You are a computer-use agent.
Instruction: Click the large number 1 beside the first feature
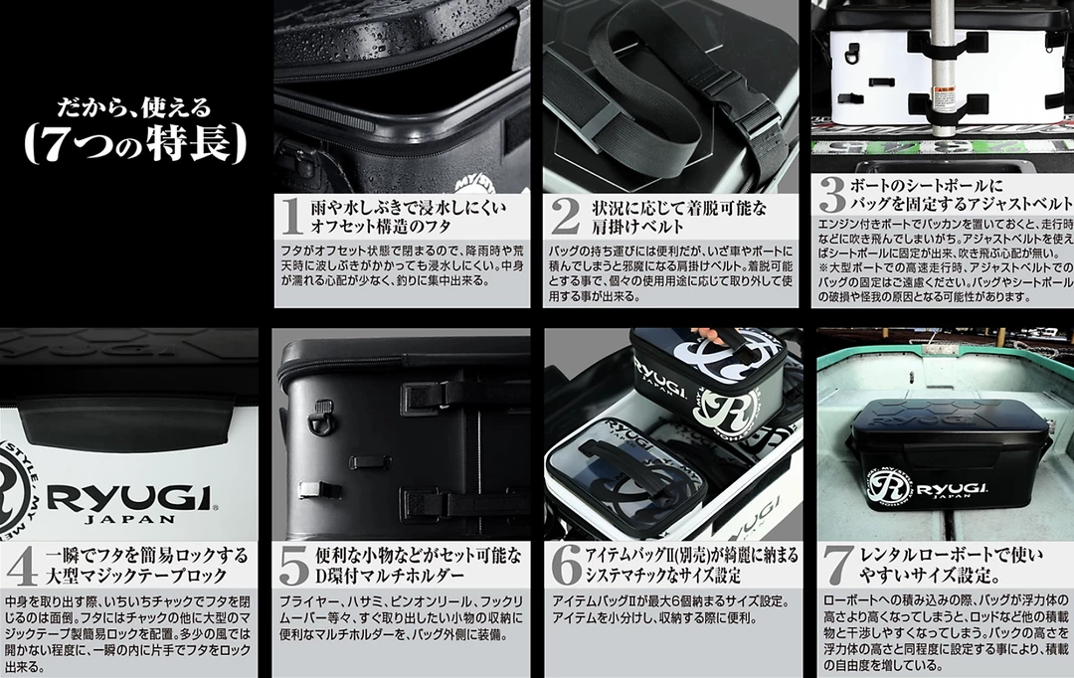tap(292, 216)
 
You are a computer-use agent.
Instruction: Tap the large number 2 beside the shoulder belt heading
tap(565, 216)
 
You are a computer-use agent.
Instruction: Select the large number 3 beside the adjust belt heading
tap(832, 195)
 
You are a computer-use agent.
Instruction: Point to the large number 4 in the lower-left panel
tap(21, 566)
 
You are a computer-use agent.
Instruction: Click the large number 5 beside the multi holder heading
tap(294, 566)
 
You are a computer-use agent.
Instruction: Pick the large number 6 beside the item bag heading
tap(567, 566)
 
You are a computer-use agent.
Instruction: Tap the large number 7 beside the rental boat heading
tap(838, 566)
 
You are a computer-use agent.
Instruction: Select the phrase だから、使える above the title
tap(133, 106)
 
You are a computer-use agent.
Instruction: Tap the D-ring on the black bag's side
tap(320, 418)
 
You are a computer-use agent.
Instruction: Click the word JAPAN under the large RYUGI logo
tap(130, 518)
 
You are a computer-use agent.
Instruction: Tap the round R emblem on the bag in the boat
tap(889, 487)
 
